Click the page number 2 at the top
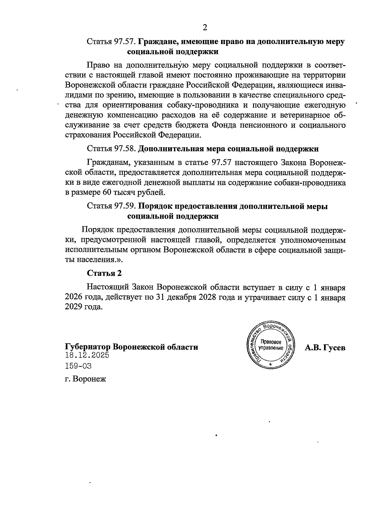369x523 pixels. (x=205, y=28)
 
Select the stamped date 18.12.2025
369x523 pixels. (x=87, y=355)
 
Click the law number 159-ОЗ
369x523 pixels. (x=78, y=366)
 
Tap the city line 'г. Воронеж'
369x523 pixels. (x=85, y=379)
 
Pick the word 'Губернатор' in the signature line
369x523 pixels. (x=88, y=347)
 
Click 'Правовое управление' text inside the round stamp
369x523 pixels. (x=271, y=345)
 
